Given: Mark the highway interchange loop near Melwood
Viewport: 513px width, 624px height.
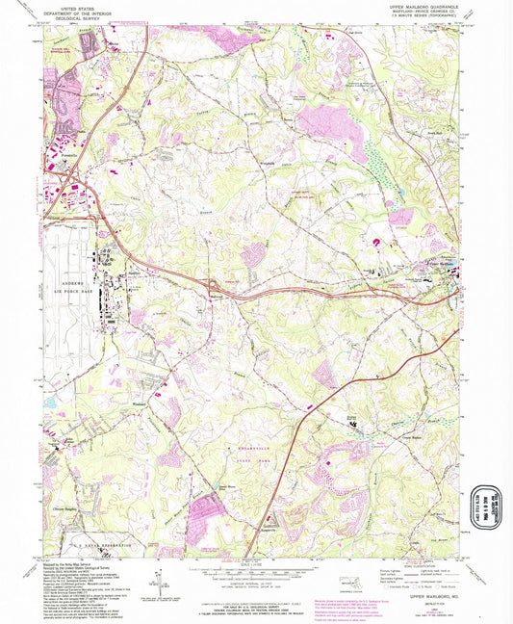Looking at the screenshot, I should tap(214, 286).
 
